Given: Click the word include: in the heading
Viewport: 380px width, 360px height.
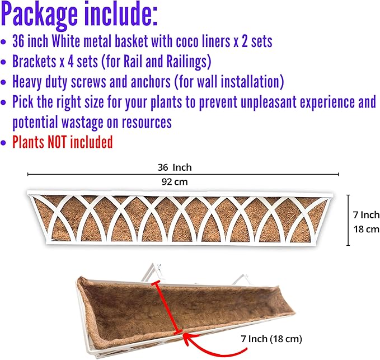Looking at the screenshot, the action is (x=122, y=13).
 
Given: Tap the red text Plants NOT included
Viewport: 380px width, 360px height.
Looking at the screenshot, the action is (x=63, y=142).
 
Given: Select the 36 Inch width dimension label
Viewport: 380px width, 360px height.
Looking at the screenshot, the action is (x=175, y=167).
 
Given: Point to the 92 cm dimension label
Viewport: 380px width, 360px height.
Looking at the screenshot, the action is (x=175, y=182).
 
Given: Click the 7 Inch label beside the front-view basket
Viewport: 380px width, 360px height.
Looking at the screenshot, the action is (x=366, y=215).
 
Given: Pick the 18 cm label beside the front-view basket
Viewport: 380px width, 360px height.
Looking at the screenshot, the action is (x=366, y=229).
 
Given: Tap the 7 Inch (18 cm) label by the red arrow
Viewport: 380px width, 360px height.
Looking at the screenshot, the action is (x=271, y=339).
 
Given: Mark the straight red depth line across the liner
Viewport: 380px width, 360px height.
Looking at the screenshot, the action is (x=167, y=307).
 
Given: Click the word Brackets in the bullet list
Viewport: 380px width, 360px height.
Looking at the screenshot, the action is (x=34, y=62).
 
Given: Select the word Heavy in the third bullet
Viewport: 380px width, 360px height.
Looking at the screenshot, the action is (x=27, y=82).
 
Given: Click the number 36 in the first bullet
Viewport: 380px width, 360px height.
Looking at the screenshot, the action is (x=18, y=41).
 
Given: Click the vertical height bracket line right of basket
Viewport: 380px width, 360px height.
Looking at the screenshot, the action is (x=348, y=220).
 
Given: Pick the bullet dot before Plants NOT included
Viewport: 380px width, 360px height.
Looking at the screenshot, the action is (x=3, y=143).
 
